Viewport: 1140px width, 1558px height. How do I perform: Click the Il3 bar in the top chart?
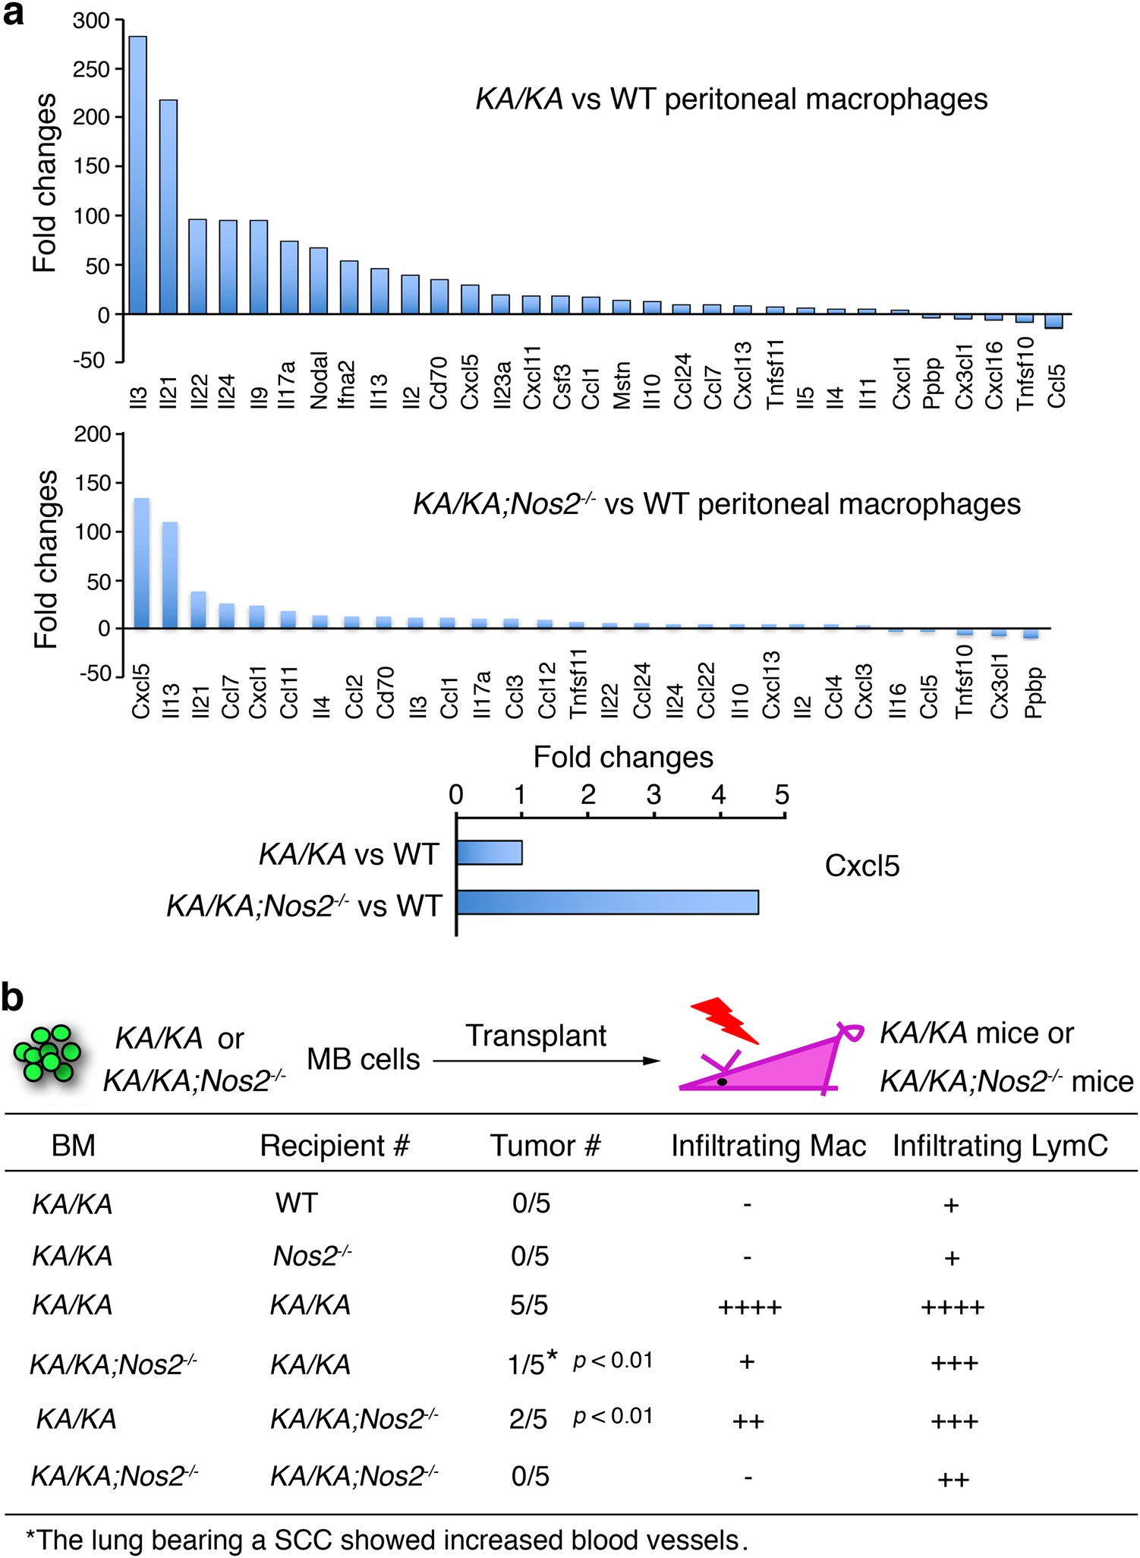[x=137, y=175]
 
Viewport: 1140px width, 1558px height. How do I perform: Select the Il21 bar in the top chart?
[x=168, y=207]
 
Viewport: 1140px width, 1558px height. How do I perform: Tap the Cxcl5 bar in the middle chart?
[x=141, y=563]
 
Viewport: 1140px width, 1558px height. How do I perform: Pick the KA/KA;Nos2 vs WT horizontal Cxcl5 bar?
[x=607, y=902]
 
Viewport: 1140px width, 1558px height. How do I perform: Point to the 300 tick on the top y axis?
[x=92, y=20]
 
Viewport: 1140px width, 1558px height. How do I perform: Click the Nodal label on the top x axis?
[x=319, y=380]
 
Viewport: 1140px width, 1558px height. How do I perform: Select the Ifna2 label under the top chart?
[x=348, y=385]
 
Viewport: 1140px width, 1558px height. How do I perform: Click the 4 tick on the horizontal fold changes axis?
[x=718, y=796]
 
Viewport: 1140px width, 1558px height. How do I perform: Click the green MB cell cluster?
[x=48, y=1053]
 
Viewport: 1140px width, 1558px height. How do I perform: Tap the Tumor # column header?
[x=545, y=1146]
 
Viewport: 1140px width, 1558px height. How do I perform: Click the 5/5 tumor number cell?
[x=530, y=1305]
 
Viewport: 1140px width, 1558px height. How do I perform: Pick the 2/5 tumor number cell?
[x=528, y=1418]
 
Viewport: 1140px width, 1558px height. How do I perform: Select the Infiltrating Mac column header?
[x=768, y=1146]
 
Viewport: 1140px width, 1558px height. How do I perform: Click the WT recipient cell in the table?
[x=297, y=1203]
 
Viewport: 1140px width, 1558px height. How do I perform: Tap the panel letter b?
[x=12, y=997]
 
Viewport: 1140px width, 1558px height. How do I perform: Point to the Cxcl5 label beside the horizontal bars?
[x=862, y=866]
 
